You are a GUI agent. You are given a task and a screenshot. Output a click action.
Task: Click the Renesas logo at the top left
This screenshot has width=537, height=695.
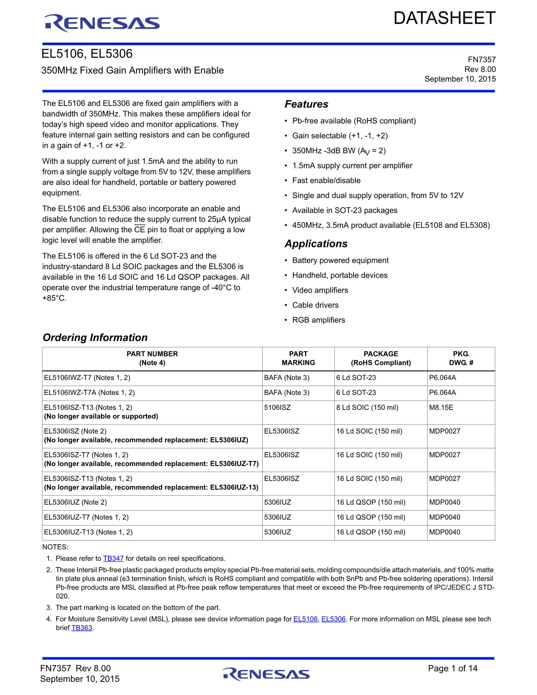pyautogui.click(x=102, y=23)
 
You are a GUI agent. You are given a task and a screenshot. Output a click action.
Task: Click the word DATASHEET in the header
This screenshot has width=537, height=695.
pyautogui.click(x=444, y=18)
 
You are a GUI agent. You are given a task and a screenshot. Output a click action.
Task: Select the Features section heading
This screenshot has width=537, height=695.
pyautogui.click(x=306, y=104)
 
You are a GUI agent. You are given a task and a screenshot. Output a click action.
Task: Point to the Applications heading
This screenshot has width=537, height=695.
pyautogui.click(x=316, y=244)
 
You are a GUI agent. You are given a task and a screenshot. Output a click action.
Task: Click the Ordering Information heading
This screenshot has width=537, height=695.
pyautogui.click(x=95, y=338)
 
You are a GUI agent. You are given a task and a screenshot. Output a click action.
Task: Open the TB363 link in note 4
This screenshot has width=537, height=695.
pyautogui.click(x=82, y=628)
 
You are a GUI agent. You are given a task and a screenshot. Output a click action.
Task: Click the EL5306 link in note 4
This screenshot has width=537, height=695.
pyautogui.click(x=333, y=619)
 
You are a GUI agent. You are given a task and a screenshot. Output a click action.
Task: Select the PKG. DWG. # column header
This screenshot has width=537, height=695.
pyautogui.click(x=461, y=358)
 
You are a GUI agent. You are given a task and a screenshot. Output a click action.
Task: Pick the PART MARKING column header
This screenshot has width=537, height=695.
pyautogui.click(x=298, y=358)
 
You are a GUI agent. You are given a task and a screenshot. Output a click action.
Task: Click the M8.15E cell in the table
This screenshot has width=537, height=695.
pyautogui.click(x=441, y=408)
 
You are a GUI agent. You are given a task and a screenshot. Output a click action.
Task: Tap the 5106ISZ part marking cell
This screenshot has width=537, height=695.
pyautogui.click(x=278, y=408)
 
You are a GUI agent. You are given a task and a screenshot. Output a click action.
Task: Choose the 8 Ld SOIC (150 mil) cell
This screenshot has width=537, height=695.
pyautogui.click(x=367, y=408)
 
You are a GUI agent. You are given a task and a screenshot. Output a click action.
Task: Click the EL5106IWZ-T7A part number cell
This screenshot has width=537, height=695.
pyautogui.click(x=89, y=393)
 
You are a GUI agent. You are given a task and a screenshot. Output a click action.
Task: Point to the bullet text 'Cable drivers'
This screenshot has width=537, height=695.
pyautogui.click(x=315, y=305)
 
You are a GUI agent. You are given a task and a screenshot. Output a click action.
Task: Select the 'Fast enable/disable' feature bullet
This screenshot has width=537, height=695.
pyautogui.click(x=326, y=181)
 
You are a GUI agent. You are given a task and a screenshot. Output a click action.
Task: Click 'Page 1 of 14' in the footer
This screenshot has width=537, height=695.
pyautogui.click(x=452, y=668)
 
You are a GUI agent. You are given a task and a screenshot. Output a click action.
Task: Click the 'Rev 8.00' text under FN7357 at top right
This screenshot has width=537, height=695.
pyautogui.click(x=480, y=69)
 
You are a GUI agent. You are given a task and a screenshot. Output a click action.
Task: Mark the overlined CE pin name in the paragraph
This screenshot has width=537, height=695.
pyautogui.click(x=140, y=230)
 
